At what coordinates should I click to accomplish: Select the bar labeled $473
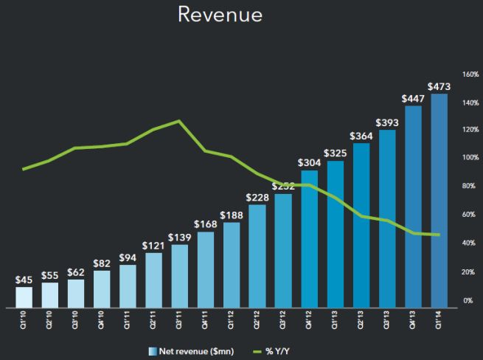coord(439,199)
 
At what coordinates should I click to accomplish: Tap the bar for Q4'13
coord(413,207)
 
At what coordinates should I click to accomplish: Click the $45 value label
coord(24,280)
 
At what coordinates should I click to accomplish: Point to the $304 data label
coord(309,162)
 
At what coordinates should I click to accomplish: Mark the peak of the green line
coord(178,121)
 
